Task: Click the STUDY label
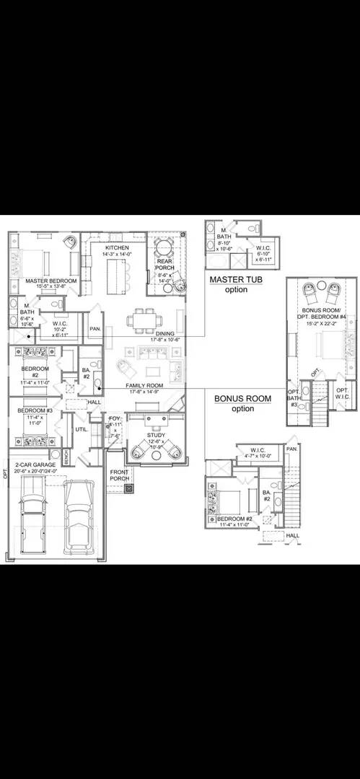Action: click(156, 436)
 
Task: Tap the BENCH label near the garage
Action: click(66, 457)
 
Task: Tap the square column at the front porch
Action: click(129, 488)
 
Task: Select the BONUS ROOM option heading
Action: click(242, 398)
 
